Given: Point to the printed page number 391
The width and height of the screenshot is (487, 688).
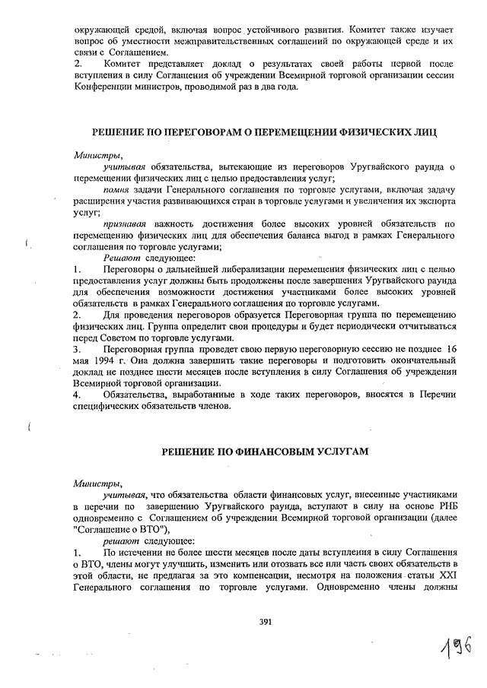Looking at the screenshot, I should (x=266, y=621).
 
